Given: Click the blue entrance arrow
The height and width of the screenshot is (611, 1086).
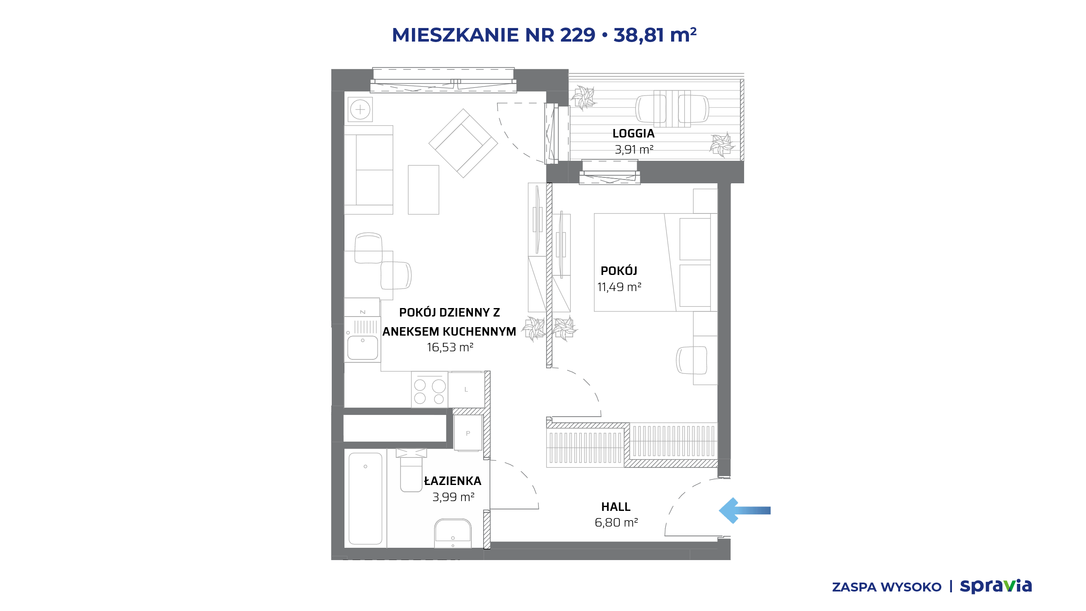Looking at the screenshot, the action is (745, 510).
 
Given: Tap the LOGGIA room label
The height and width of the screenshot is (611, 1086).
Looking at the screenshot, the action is (633, 134).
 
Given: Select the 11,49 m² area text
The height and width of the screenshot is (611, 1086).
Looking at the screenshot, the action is (619, 287).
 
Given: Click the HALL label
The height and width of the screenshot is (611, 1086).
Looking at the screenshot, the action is (616, 507).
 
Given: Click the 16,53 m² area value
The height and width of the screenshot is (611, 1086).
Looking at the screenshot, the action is (450, 348).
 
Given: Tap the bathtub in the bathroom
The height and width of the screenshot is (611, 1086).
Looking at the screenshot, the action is (365, 498).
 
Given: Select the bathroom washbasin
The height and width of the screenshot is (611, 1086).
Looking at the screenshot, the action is (453, 533).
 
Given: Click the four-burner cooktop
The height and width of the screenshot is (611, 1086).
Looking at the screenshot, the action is (429, 390).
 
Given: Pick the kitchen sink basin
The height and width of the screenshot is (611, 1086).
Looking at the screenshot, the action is (363, 348).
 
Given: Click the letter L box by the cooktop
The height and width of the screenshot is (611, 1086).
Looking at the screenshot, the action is (466, 390).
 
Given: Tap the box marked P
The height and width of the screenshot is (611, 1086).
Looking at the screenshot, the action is (468, 433).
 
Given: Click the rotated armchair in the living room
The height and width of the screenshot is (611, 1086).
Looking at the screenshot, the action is (463, 143).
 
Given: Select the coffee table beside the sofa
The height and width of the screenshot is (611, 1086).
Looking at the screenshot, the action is (423, 190).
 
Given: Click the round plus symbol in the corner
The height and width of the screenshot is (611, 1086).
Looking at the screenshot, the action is (360, 110).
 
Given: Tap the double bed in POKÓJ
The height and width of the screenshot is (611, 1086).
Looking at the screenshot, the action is (655, 262).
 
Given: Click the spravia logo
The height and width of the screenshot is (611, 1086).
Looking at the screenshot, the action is (996, 586).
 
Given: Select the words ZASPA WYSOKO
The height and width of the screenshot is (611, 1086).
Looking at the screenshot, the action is (887, 587).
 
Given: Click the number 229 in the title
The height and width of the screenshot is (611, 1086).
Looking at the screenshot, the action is (578, 35).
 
